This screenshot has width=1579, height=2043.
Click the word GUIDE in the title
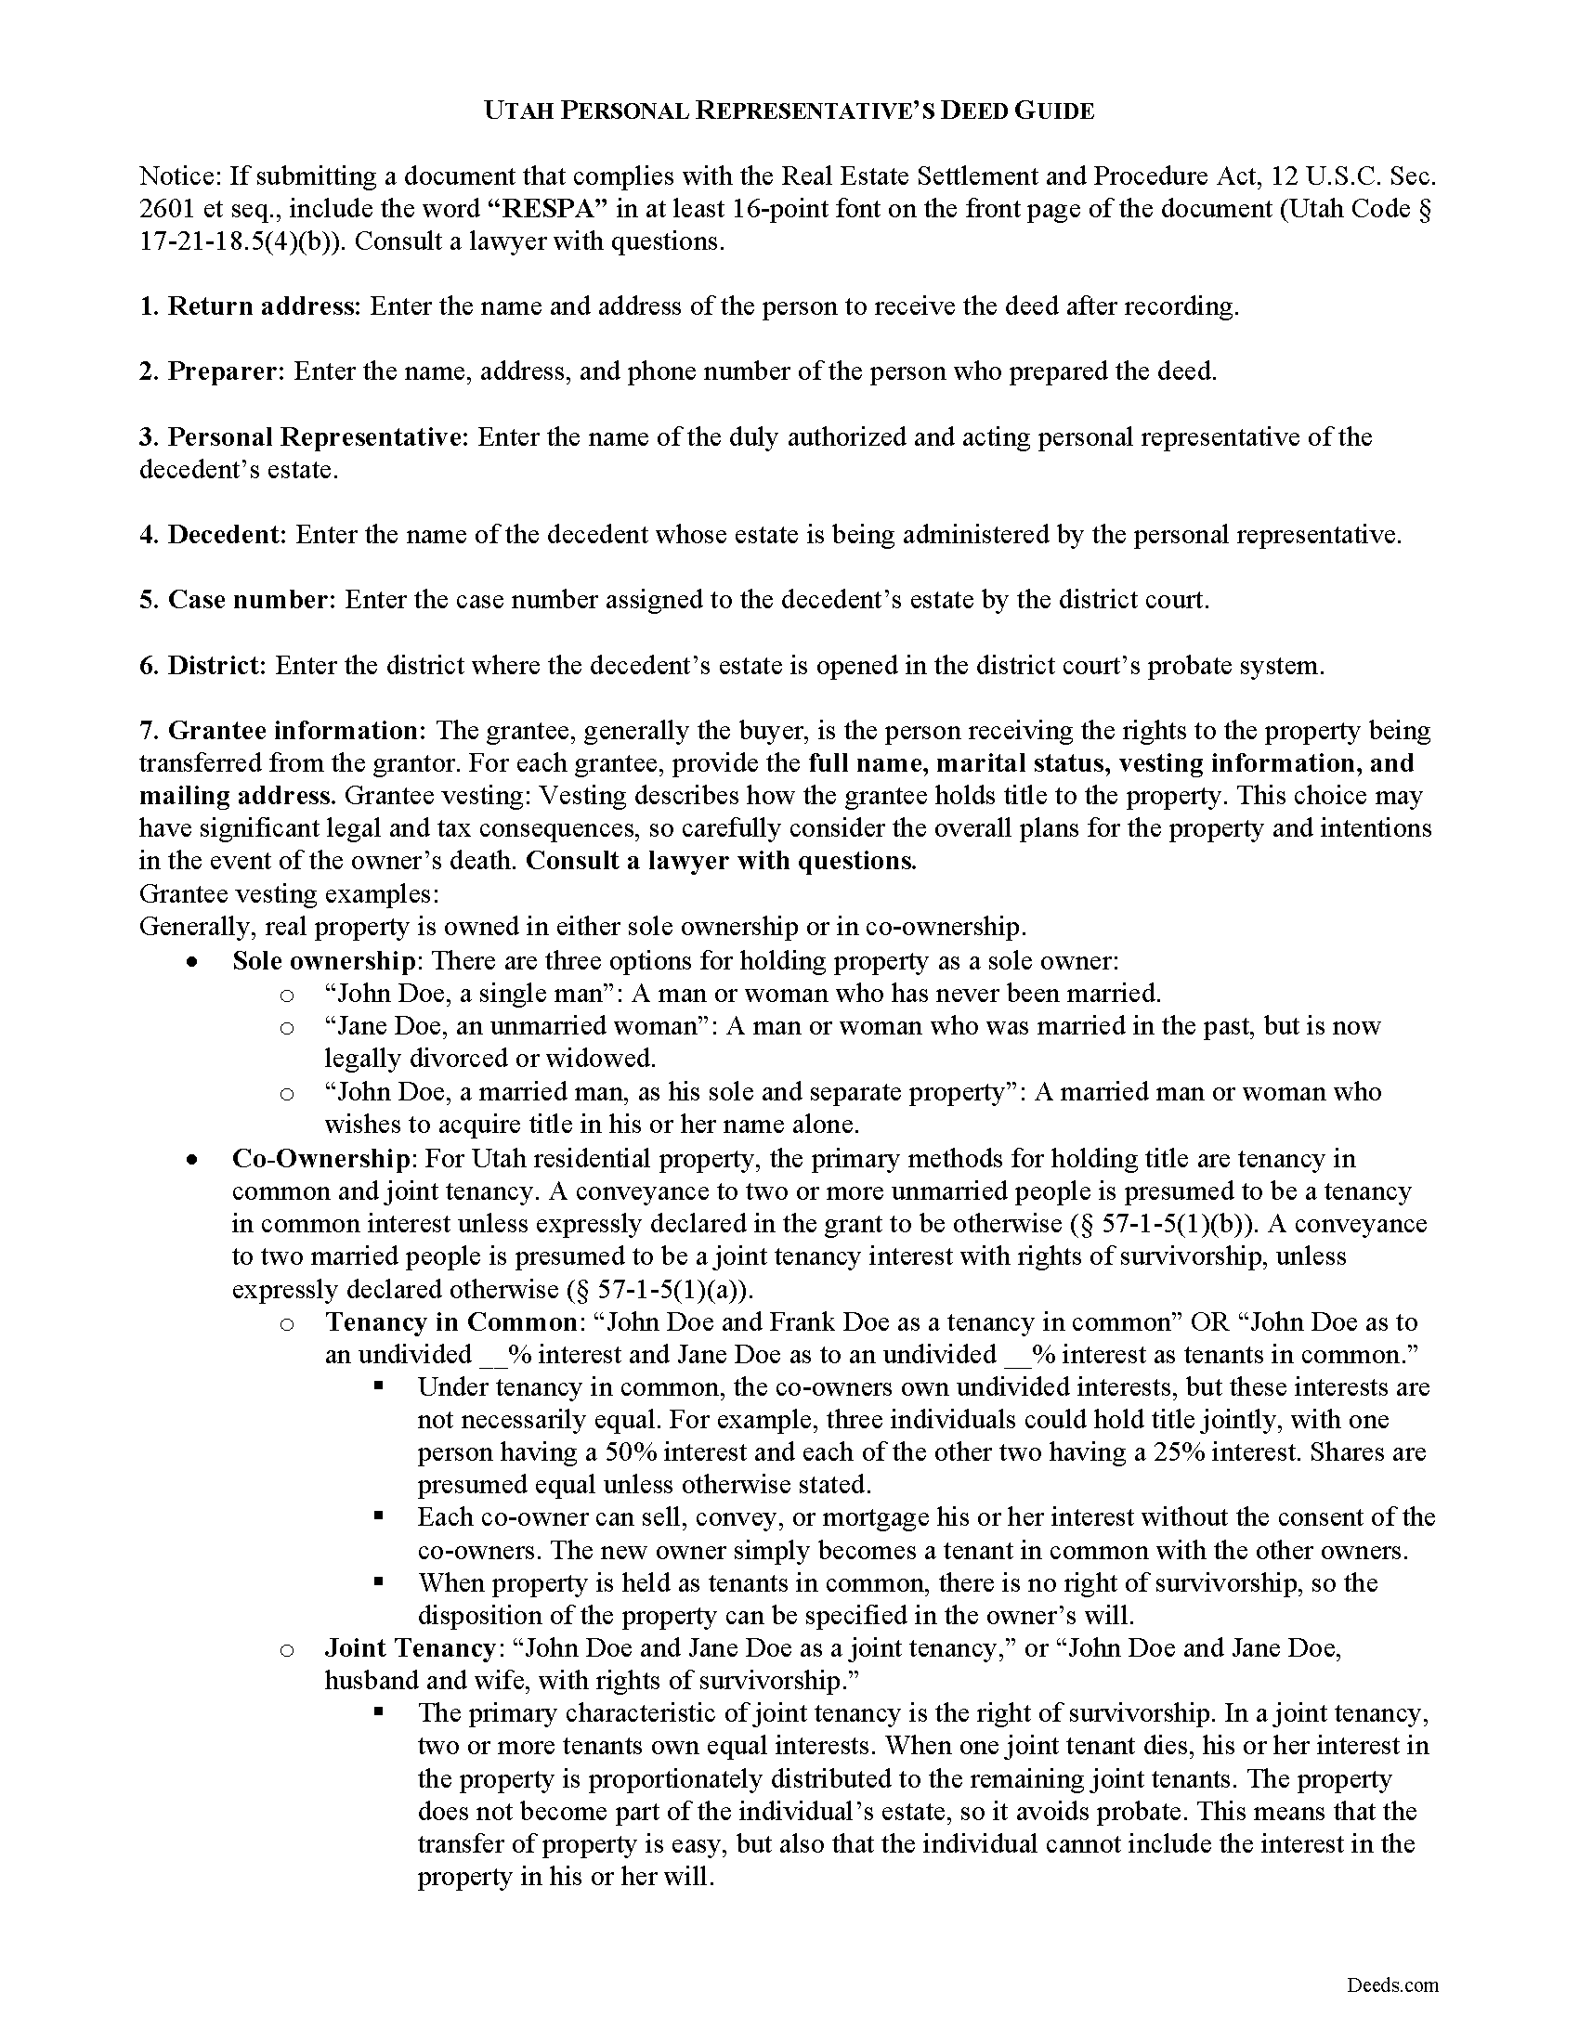(1054, 111)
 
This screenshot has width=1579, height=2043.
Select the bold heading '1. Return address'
(249, 306)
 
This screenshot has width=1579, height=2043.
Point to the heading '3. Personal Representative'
(304, 436)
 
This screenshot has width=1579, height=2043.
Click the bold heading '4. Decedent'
(213, 535)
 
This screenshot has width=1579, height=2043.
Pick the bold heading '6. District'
(204, 665)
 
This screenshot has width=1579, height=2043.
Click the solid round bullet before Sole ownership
(192, 962)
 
